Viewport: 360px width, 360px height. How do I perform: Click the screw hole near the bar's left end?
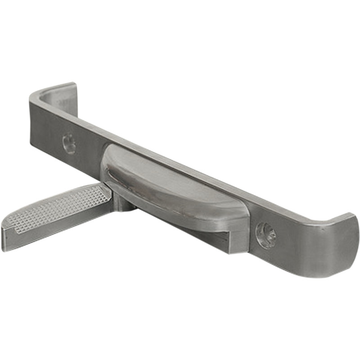click(x=68, y=143)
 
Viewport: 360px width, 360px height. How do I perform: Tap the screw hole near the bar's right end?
click(x=265, y=234)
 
